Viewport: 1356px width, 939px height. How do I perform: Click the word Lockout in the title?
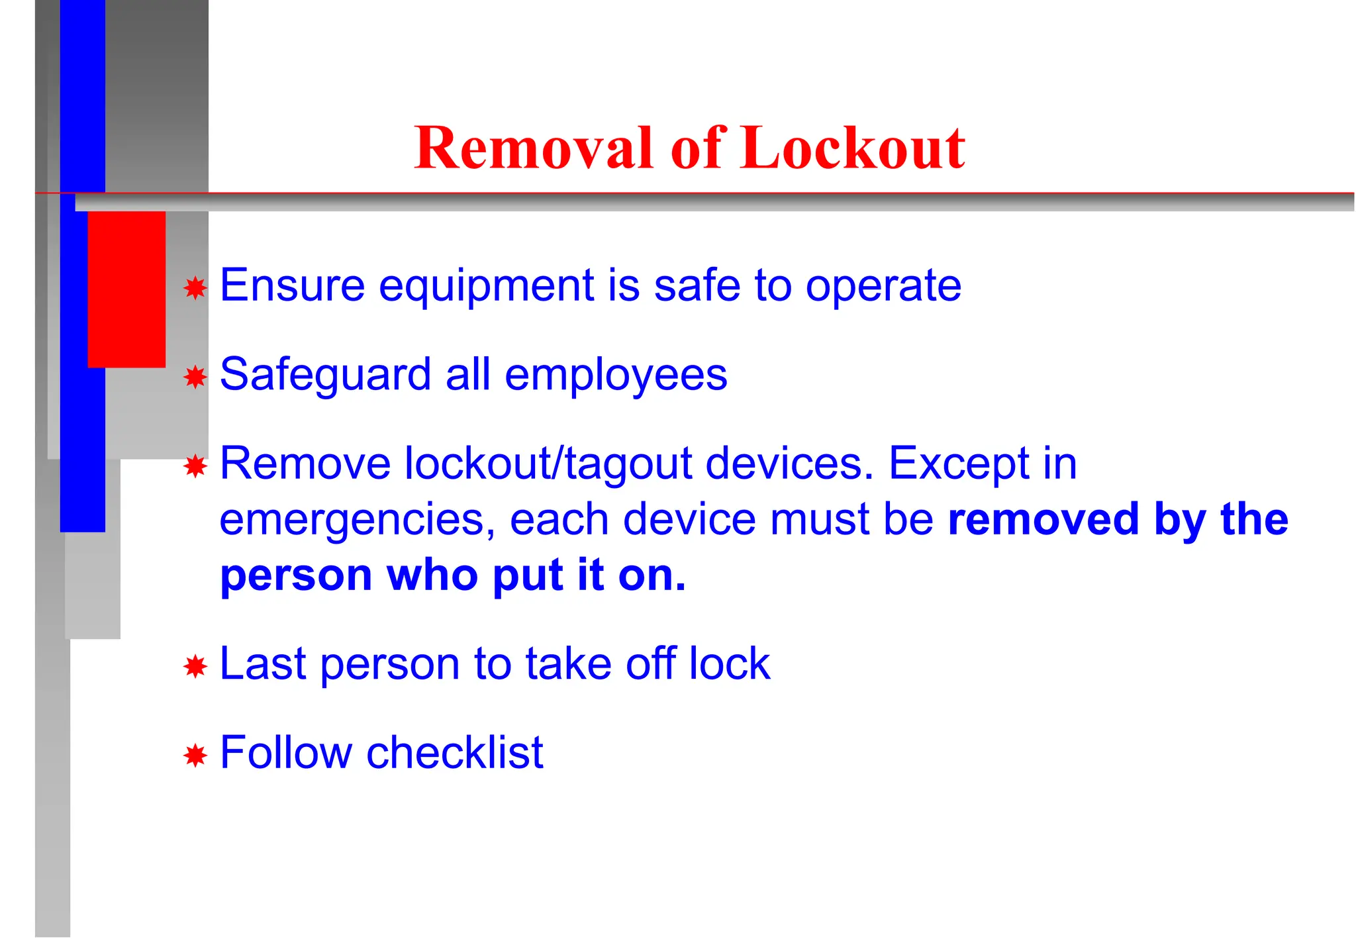coord(853,148)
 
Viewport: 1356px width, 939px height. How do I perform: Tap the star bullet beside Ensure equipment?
coord(195,288)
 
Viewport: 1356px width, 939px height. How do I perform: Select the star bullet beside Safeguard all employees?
coord(195,377)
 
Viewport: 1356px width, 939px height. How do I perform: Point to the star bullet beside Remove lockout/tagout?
coord(195,466)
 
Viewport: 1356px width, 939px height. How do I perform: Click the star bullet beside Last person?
coord(195,666)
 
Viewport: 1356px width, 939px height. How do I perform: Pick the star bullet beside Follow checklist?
coord(195,755)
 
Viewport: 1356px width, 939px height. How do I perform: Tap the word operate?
coord(883,287)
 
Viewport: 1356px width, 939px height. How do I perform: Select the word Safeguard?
coord(325,375)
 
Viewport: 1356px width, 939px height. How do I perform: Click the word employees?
coord(616,375)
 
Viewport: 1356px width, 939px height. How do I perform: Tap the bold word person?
coord(296,576)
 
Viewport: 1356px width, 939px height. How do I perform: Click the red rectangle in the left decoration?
coord(126,289)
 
